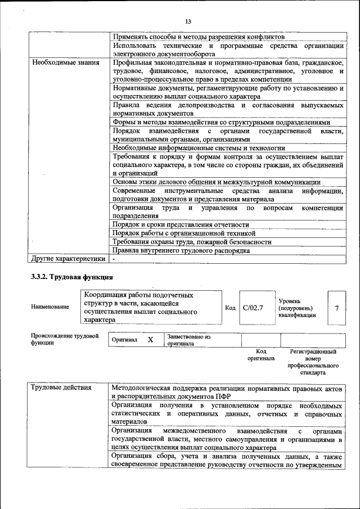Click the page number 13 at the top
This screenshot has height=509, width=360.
[188, 22]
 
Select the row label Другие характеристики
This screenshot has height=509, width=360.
[68, 259]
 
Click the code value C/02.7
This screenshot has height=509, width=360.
[253, 308]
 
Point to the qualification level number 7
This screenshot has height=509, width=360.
[336, 308]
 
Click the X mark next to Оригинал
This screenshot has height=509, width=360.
[150, 340]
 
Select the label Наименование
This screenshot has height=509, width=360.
[50, 307]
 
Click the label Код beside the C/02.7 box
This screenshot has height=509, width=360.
[230, 308]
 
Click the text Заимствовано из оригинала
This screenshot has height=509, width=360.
[188, 340]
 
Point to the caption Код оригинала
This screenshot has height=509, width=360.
[260, 354]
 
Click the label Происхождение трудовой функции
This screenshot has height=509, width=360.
[65, 339]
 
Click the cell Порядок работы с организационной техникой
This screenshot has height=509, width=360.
[184, 233]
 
